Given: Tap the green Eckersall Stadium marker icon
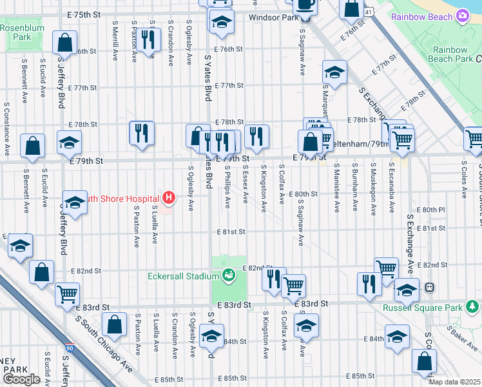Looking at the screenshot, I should (x=227, y=276).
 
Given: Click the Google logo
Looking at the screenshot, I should (x=21, y=379).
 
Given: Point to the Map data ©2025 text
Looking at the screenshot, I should (x=454, y=382).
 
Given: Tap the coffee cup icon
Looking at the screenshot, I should (x=304, y=5).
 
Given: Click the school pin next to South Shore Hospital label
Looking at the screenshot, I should (x=75, y=204).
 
